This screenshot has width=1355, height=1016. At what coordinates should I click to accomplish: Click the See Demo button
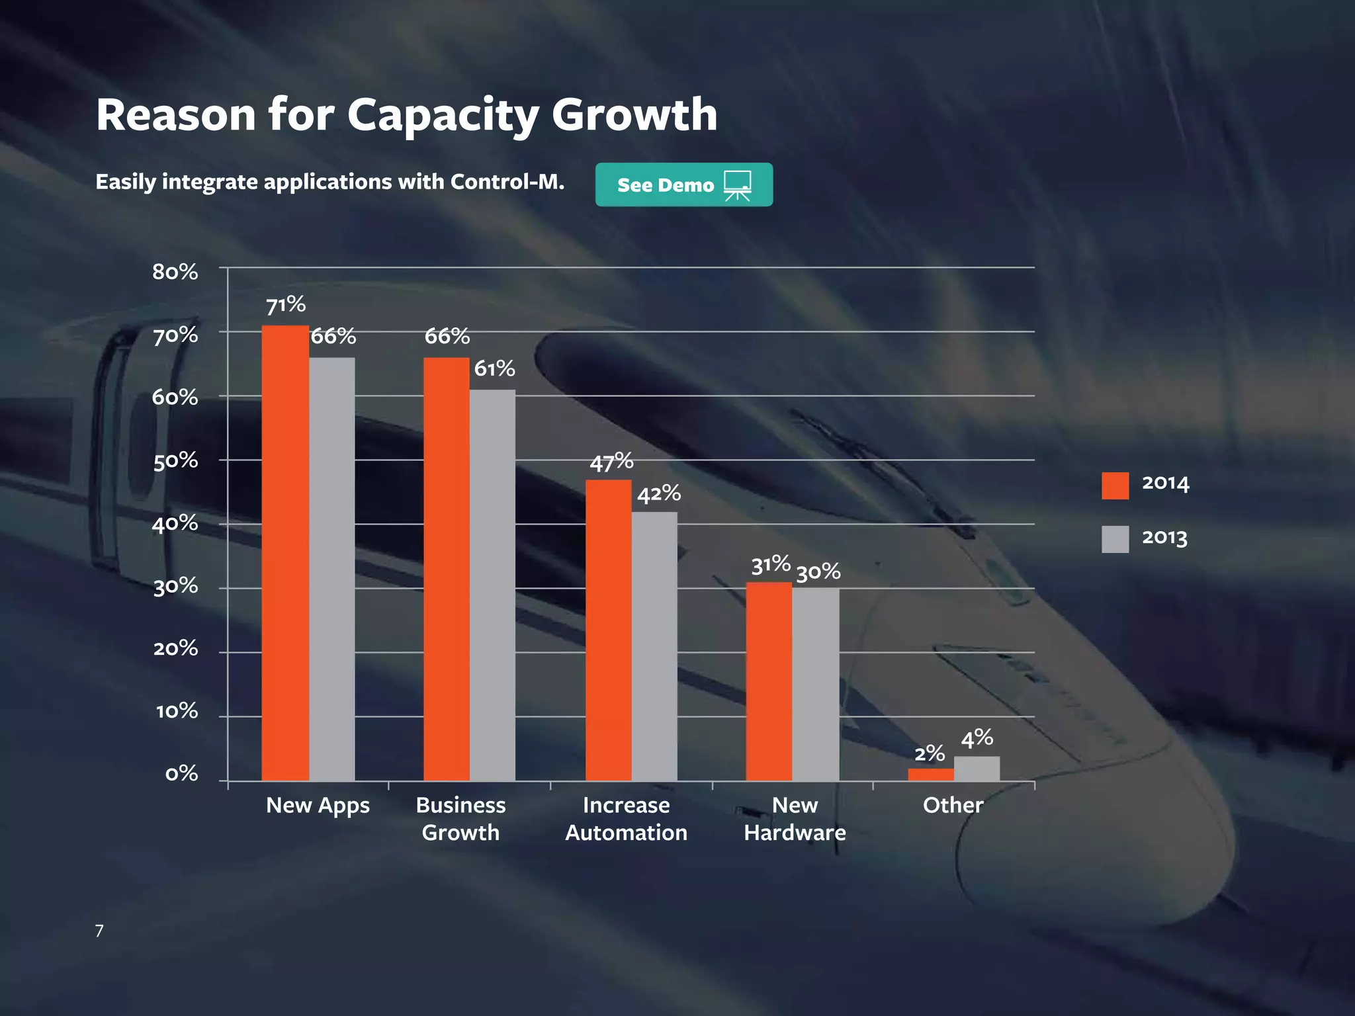[x=683, y=185]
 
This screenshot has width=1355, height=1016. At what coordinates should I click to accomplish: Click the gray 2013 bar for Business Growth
[x=492, y=585]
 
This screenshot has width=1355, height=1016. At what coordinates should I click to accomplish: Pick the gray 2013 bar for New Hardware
[x=816, y=684]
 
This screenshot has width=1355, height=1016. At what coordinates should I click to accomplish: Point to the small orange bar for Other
[x=930, y=775]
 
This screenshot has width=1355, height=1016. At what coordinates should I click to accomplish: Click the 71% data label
[x=286, y=305]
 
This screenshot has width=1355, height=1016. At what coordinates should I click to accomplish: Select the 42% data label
[x=659, y=493]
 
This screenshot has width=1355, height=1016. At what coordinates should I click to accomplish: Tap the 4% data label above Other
[x=977, y=738]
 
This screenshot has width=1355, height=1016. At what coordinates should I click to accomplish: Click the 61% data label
[x=494, y=368]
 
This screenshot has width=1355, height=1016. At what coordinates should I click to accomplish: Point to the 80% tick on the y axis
[x=175, y=272]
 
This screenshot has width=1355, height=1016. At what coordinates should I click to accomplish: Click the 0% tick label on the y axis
[x=181, y=773]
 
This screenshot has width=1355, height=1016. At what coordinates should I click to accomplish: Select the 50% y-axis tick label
[x=175, y=460]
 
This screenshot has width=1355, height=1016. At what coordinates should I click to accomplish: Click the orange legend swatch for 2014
[x=1115, y=486]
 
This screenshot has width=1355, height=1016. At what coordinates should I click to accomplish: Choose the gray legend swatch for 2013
[x=1115, y=539]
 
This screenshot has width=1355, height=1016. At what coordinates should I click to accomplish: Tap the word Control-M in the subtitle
[x=507, y=181]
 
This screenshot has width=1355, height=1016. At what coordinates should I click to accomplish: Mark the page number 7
[x=99, y=931]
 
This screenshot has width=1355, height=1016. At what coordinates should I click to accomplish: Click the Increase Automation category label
[x=626, y=818]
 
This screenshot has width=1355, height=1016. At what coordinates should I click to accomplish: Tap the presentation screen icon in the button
[x=737, y=185]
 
